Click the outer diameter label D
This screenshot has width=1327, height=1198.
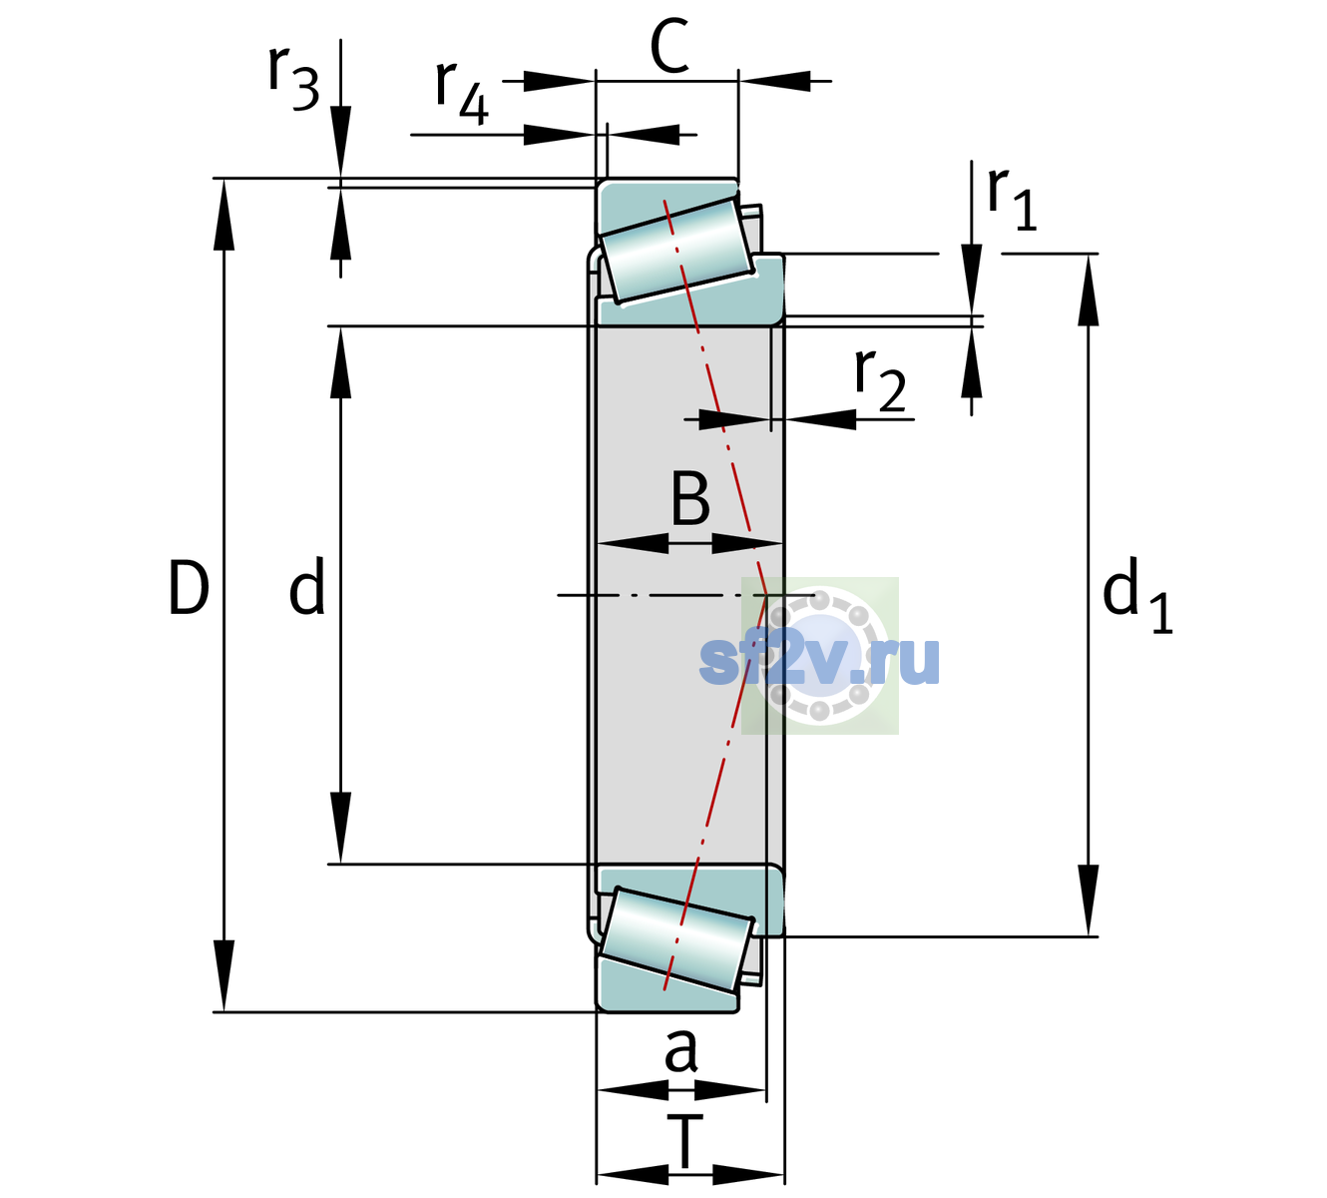(189, 588)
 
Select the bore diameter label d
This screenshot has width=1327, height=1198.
(307, 585)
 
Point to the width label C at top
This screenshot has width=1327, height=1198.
(669, 46)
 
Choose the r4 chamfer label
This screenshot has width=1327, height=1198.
(462, 93)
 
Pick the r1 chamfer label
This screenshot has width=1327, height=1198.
(1012, 200)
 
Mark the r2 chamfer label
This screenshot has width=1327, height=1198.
(880, 380)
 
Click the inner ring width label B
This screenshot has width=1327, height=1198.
(690, 498)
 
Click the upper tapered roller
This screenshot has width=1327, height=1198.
(676, 251)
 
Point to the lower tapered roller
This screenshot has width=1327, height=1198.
(676, 940)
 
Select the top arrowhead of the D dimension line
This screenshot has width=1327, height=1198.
(223, 215)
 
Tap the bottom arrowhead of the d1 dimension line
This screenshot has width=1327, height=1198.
(1089, 900)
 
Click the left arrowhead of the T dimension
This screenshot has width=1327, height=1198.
(633, 1175)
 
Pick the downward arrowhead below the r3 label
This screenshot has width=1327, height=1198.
(340, 142)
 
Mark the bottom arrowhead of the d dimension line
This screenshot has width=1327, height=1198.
(340, 828)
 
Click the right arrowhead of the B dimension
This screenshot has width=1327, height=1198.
(747, 544)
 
